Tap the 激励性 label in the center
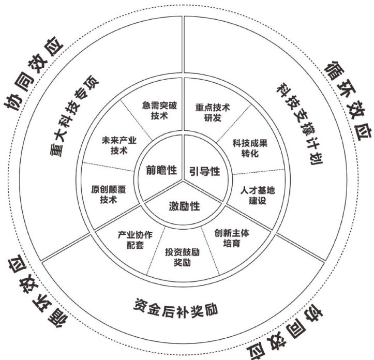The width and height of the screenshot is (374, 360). coord(184,206)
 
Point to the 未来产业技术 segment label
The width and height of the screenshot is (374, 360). coord(118,146)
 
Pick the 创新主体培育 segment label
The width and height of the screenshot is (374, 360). coord(232,237)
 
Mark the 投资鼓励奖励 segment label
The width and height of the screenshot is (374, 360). coord(182,257)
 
